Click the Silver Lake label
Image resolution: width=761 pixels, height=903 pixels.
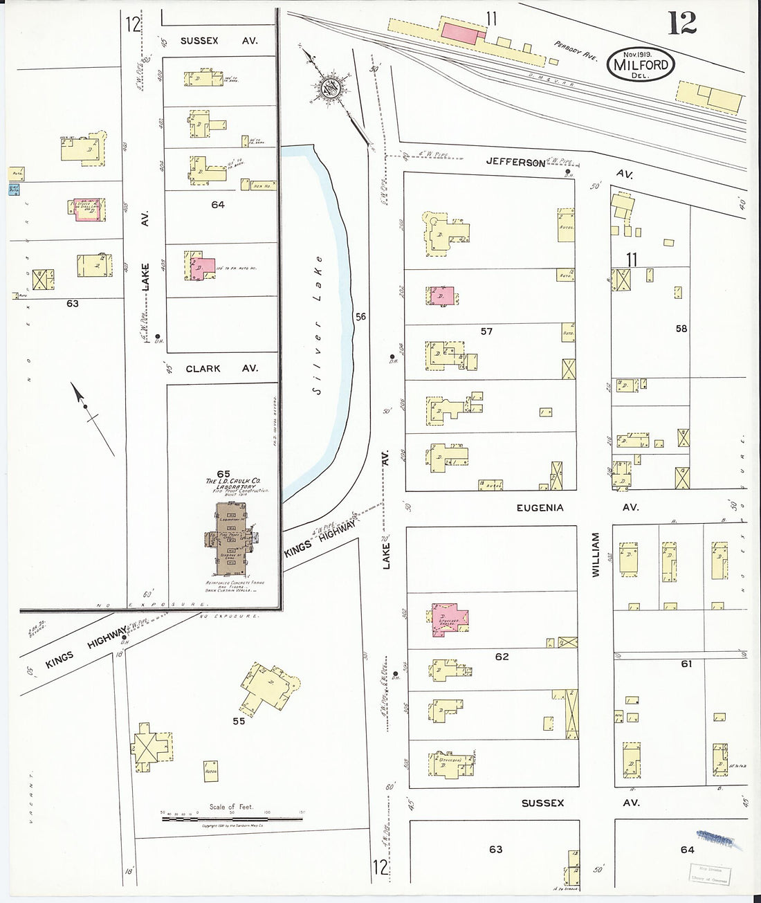(x=318, y=357)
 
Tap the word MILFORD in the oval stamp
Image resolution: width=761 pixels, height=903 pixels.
(x=641, y=65)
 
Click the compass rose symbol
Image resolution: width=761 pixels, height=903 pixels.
(x=327, y=88)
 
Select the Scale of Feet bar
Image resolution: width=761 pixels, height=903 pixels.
(x=214, y=819)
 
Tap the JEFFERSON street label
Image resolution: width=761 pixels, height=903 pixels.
(x=515, y=163)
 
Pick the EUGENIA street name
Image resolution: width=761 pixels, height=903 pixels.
(x=540, y=507)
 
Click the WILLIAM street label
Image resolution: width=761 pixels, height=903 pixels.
(x=594, y=555)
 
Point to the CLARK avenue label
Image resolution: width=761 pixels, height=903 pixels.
(x=203, y=369)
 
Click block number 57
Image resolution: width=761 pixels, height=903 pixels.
(x=486, y=331)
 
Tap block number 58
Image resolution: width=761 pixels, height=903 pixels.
(x=681, y=329)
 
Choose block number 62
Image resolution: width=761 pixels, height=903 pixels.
(x=502, y=656)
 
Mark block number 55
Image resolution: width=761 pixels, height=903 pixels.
(x=239, y=721)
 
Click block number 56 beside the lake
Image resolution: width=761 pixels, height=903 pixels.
(x=360, y=317)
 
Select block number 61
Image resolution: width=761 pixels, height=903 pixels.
(x=686, y=664)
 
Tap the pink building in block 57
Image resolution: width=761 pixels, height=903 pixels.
(x=443, y=295)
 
